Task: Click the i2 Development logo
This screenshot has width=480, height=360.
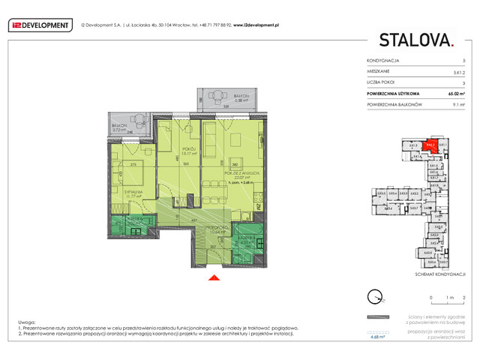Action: pyautogui.click(x=40, y=25)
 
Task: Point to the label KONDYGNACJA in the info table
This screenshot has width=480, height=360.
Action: pyautogui.click(x=382, y=60)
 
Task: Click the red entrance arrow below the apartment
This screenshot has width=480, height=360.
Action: pyautogui.click(x=214, y=279)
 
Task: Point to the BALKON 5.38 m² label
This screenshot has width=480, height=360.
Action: pyautogui.click(x=240, y=98)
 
